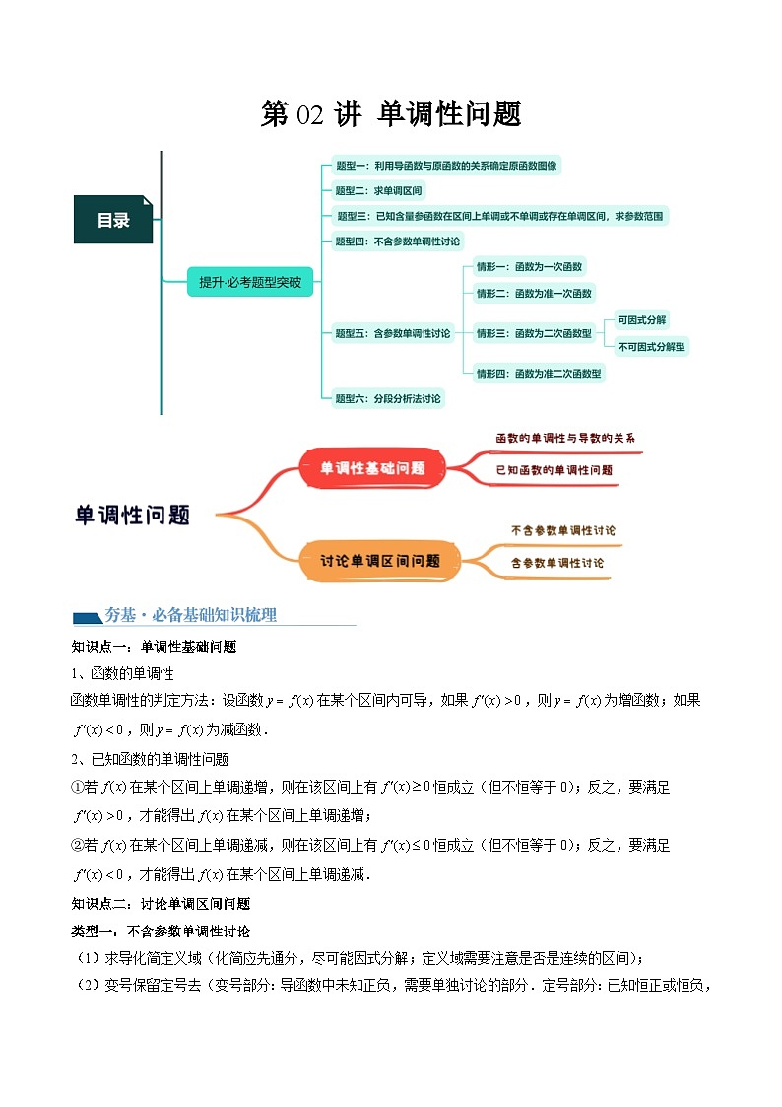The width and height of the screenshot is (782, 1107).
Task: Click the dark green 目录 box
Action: click(x=112, y=220)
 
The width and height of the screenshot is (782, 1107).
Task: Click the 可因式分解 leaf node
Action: click(x=641, y=320)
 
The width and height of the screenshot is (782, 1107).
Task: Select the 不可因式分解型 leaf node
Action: click(x=651, y=346)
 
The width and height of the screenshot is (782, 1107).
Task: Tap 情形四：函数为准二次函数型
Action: click(x=539, y=373)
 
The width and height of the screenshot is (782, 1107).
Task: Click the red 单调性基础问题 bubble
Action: click(x=372, y=468)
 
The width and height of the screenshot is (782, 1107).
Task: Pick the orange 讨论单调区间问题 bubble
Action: click(x=379, y=561)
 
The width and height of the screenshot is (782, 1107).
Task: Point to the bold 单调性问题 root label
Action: click(x=132, y=515)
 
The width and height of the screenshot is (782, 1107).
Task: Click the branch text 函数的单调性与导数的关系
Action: click(x=557, y=437)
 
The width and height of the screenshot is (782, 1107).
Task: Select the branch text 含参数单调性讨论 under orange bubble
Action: click(x=557, y=563)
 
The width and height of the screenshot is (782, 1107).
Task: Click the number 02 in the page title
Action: click(x=308, y=115)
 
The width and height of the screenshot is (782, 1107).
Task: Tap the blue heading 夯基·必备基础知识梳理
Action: click(x=191, y=615)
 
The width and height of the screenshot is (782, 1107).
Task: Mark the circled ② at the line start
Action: click(x=80, y=845)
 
